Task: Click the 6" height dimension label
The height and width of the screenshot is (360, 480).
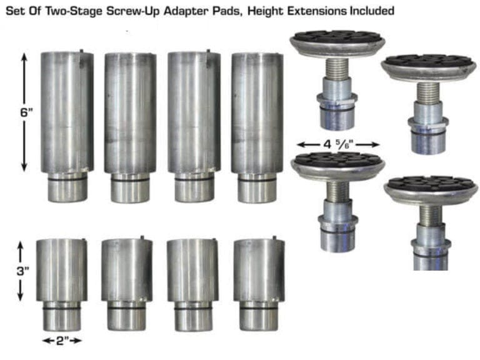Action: [x=26, y=112]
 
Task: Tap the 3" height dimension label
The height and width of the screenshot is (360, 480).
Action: [x=23, y=271]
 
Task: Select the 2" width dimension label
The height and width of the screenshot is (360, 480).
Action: [x=62, y=341]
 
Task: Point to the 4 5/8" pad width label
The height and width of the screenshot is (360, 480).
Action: [x=338, y=144]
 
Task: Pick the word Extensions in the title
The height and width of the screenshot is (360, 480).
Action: [x=317, y=11]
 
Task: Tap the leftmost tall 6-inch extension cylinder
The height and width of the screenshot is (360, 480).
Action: [x=67, y=126]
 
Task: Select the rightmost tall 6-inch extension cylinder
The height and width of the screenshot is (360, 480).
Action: [x=257, y=127]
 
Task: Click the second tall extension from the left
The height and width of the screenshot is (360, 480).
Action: [x=130, y=127]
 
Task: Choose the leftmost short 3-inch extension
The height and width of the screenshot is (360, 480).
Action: [x=62, y=285]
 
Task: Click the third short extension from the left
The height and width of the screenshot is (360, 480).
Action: [x=192, y=285]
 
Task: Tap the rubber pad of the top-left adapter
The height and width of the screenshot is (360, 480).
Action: [x=337, y=37]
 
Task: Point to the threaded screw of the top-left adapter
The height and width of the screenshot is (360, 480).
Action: [x=336, y=69]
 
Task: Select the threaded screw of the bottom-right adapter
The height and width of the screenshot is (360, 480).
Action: [x=431, y=215]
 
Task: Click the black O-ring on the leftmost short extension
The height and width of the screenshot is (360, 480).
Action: [x=61, y=308]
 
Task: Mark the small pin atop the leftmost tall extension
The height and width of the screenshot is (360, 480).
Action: [x=81, y=51]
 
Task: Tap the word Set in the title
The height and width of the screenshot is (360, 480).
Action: [x=16, y=11]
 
